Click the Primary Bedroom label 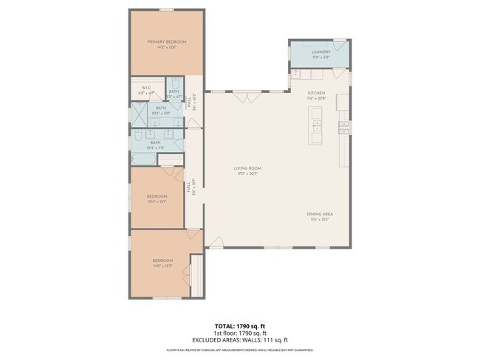click(x=166, y=42)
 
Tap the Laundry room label click(x=320, y=52)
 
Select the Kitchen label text click(x=316, y=93)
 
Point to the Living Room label click(x=249, y=168)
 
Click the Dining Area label click(x=320, y=214)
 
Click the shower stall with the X click(x=140, y=114)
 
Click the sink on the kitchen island click(x=317, y=124)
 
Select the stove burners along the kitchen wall click(x=343, y=127)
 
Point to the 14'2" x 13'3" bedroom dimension click(x=162, y=265)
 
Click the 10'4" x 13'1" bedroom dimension click(x=157, y=200)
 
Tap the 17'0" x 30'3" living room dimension click(x=249, y=173)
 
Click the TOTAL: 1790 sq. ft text click(x=240, y=325)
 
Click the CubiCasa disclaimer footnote click(x=240, y=350)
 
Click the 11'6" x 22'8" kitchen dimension click(x=316, y=98)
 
